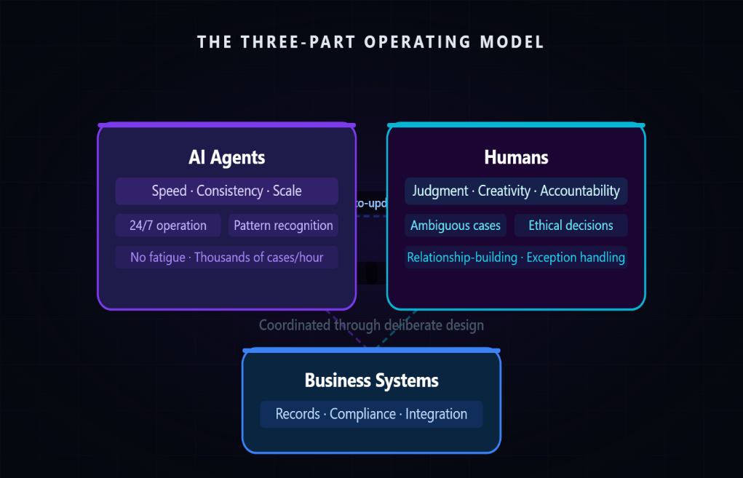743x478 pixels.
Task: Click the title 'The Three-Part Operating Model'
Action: tap(371, 41)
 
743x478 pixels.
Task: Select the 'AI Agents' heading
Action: tap(226, 157)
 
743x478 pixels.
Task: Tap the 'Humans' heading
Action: tap(516, 157)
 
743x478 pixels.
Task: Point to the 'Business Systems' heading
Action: tap(371, 381)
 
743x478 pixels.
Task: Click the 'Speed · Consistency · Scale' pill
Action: tap(226, 191)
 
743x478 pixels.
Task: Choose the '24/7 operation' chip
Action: tap(168, 226)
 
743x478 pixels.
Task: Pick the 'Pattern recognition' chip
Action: tap(283, 226)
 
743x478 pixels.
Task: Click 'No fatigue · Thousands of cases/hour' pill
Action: tap(226, 258)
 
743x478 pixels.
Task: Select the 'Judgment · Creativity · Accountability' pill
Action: tap(516, 191)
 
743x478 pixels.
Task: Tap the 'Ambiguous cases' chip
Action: tap(456, 226)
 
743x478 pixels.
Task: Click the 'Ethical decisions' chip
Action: tap(571, 226)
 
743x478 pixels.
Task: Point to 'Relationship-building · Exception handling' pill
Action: tap(516, 258)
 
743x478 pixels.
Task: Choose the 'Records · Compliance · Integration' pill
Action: tap(371, 414)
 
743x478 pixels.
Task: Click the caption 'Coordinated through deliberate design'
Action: tap(371, 325)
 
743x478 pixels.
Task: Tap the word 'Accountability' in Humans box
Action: tap(580, 191)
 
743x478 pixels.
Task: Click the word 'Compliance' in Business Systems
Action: tap(362, 414)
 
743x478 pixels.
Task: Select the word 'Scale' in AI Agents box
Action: tap(287, 191)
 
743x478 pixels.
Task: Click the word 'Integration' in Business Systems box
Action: tap(436, 414)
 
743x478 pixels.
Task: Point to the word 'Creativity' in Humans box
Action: tap(505, 191)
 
